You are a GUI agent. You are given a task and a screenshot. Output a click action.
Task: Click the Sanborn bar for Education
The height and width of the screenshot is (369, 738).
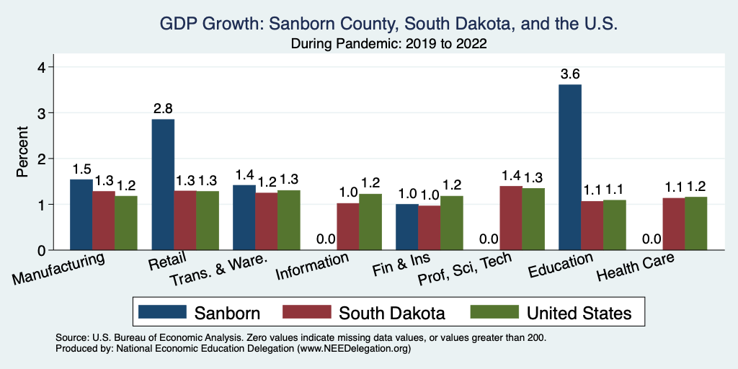click(570, 167)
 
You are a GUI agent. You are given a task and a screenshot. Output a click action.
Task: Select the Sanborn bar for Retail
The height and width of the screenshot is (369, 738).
click(163, 184)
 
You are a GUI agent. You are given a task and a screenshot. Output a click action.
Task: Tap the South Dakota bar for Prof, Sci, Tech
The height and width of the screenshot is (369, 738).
click(511, 218)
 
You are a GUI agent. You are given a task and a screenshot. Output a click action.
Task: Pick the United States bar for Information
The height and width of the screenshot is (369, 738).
click(370, 222)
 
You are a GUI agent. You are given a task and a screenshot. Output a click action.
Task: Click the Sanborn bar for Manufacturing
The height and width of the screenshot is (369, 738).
click(81, 215)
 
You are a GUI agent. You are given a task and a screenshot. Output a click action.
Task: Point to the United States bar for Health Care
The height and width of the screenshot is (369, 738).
click(696, 223)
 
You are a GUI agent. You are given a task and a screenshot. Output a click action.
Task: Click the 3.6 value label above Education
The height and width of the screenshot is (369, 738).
click(570, 74)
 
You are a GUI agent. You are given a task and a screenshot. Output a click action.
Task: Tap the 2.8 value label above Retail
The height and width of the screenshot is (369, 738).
click(163, 108)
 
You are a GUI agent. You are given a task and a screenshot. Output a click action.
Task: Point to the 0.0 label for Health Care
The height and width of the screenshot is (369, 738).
click(652, 239)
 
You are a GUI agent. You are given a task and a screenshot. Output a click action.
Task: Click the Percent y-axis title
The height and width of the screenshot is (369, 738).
click(22, 152)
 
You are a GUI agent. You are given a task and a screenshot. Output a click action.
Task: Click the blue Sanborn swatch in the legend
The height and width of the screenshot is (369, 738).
click(161, 312)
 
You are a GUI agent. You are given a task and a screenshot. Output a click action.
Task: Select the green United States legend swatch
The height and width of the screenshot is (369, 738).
click(494, 312)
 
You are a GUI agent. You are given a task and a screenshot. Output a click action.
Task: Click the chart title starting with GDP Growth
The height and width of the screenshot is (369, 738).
click(388, 24)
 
